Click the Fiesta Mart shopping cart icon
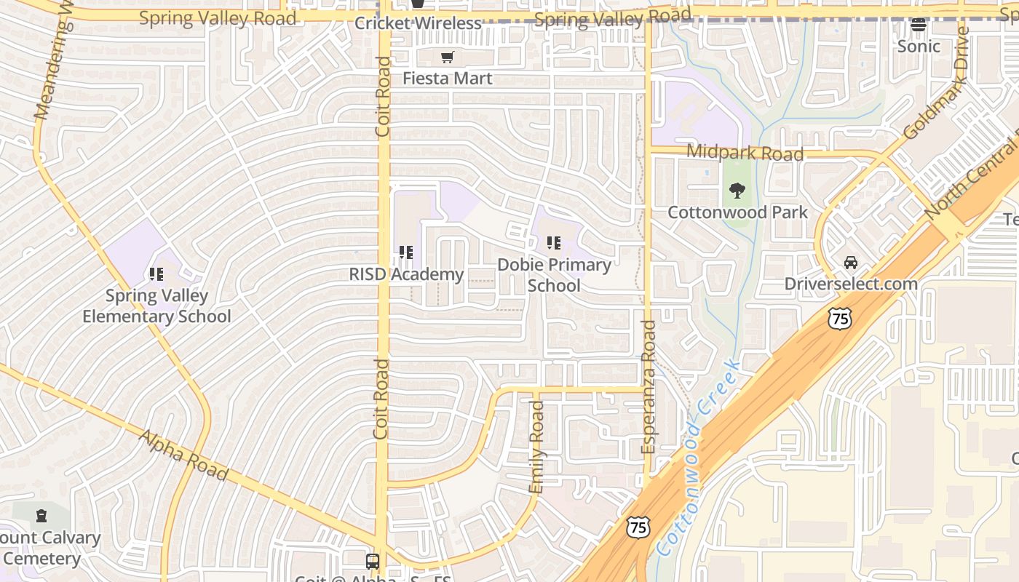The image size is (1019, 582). [448, 57]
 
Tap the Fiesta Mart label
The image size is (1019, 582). [448, 78]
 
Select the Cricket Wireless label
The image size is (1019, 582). [418, 23]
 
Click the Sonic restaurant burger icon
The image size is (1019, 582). [919, 25]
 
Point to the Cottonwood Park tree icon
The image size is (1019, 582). [737, 191]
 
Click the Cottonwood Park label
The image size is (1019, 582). [737, 212]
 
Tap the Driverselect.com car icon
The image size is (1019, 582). [850, 263]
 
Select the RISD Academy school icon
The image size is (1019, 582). [406, 252]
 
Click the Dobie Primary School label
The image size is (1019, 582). [554, 275]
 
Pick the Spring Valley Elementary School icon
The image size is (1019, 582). [156, 274]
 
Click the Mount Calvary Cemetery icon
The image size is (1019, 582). [41, 516]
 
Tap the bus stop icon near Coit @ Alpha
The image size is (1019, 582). [372, 561]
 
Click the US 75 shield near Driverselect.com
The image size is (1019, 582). [839, 318]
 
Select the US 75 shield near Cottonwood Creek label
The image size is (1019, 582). [638, 527]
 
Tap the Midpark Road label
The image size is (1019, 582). [745, 153]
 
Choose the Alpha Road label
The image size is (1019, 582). [183, 455]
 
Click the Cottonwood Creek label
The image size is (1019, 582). [697, 458]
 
